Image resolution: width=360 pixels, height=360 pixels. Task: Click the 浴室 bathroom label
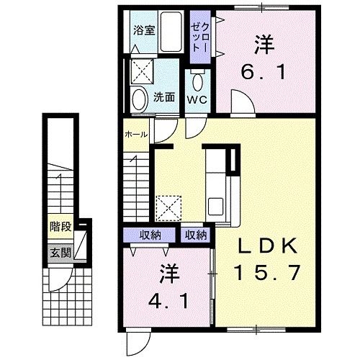coord(144,30)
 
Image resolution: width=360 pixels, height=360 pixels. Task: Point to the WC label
coord(197,99)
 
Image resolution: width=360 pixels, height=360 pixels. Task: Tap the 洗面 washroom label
coord(164,97)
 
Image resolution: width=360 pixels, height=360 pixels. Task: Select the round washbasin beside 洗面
coord(138,99)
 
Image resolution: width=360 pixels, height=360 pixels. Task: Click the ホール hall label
coord(136,135)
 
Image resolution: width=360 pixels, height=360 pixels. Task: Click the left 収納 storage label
coord(150,235)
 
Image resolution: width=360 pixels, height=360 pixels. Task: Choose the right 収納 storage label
coord(196,235)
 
